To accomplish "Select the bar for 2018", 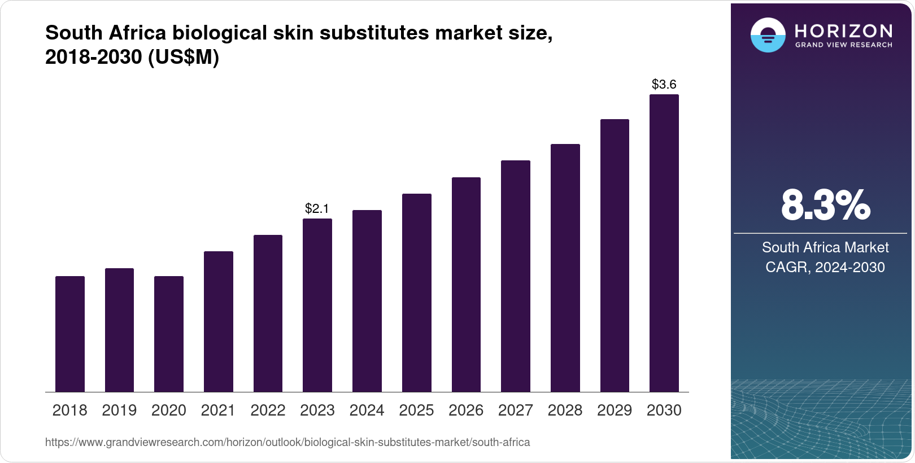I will click(x=70, y=334).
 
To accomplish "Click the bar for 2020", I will click(x=169, y=334).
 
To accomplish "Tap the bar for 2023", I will click(x=317, y=305).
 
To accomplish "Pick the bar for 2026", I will click(x=466, y=285).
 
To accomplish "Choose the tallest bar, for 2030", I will click(x=664, y=243).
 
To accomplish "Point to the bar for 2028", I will click(x=565, y=268).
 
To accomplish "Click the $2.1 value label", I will click(x=317, y=208).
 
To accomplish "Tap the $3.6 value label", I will click(x=664, y=84).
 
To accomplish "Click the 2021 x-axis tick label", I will click(x=218, y=410).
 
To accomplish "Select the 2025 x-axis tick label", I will click(x=416, y=410).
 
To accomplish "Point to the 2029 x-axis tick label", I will click(x=615, y=410).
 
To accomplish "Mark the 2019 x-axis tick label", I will click(x=119, y=410).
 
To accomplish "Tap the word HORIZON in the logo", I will click(x=844, y=30).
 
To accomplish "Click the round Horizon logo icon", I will click(x=768, y=35).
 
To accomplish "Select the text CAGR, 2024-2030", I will click(x=825, y=267).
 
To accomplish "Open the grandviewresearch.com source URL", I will click(x=287, y=442).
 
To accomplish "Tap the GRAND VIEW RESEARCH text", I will click(x=844, y=45).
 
